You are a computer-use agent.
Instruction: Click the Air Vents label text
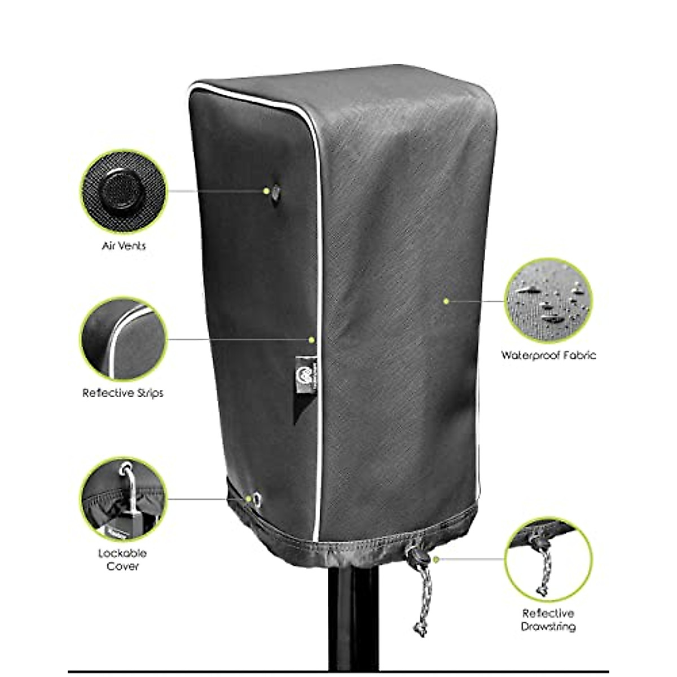tap(124, 246)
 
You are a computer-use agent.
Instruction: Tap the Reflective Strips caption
tap(123, 393)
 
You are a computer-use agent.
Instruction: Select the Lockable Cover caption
tap(122, 559)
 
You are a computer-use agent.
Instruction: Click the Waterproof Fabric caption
tap(548, 355)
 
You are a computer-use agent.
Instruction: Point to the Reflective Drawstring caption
tap(548, 619)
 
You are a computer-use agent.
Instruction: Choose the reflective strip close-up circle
tap(124, 339)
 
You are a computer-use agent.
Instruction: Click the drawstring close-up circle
tap(548, 560)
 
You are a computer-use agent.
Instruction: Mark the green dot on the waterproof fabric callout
tap(446, 301)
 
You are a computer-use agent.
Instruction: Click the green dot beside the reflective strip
tap(311, 340)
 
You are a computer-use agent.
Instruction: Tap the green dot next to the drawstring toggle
tap(437, 559)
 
